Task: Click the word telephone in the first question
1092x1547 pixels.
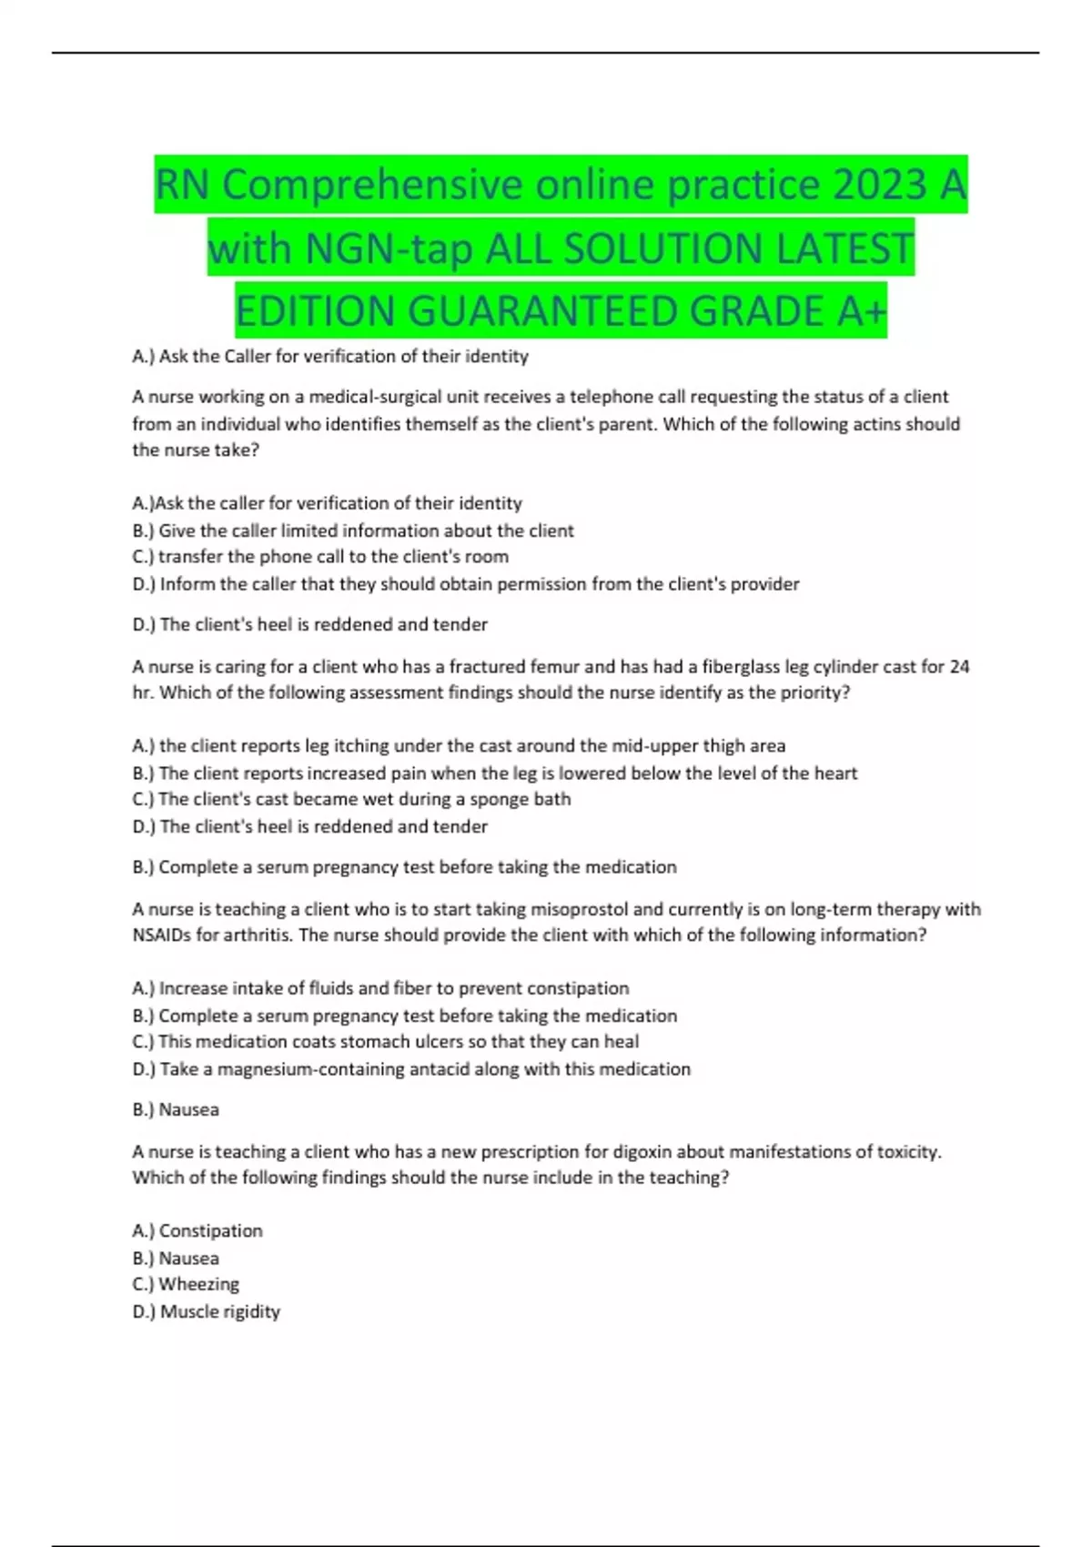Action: point(606,397)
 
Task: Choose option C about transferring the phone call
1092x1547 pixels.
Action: point(319,556)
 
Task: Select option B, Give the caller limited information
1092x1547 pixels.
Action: point(352,531)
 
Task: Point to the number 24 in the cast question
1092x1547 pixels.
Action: point(959,666)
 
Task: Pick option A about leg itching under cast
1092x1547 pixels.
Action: point(458,745)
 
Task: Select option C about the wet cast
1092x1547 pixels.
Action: point(351,799)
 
